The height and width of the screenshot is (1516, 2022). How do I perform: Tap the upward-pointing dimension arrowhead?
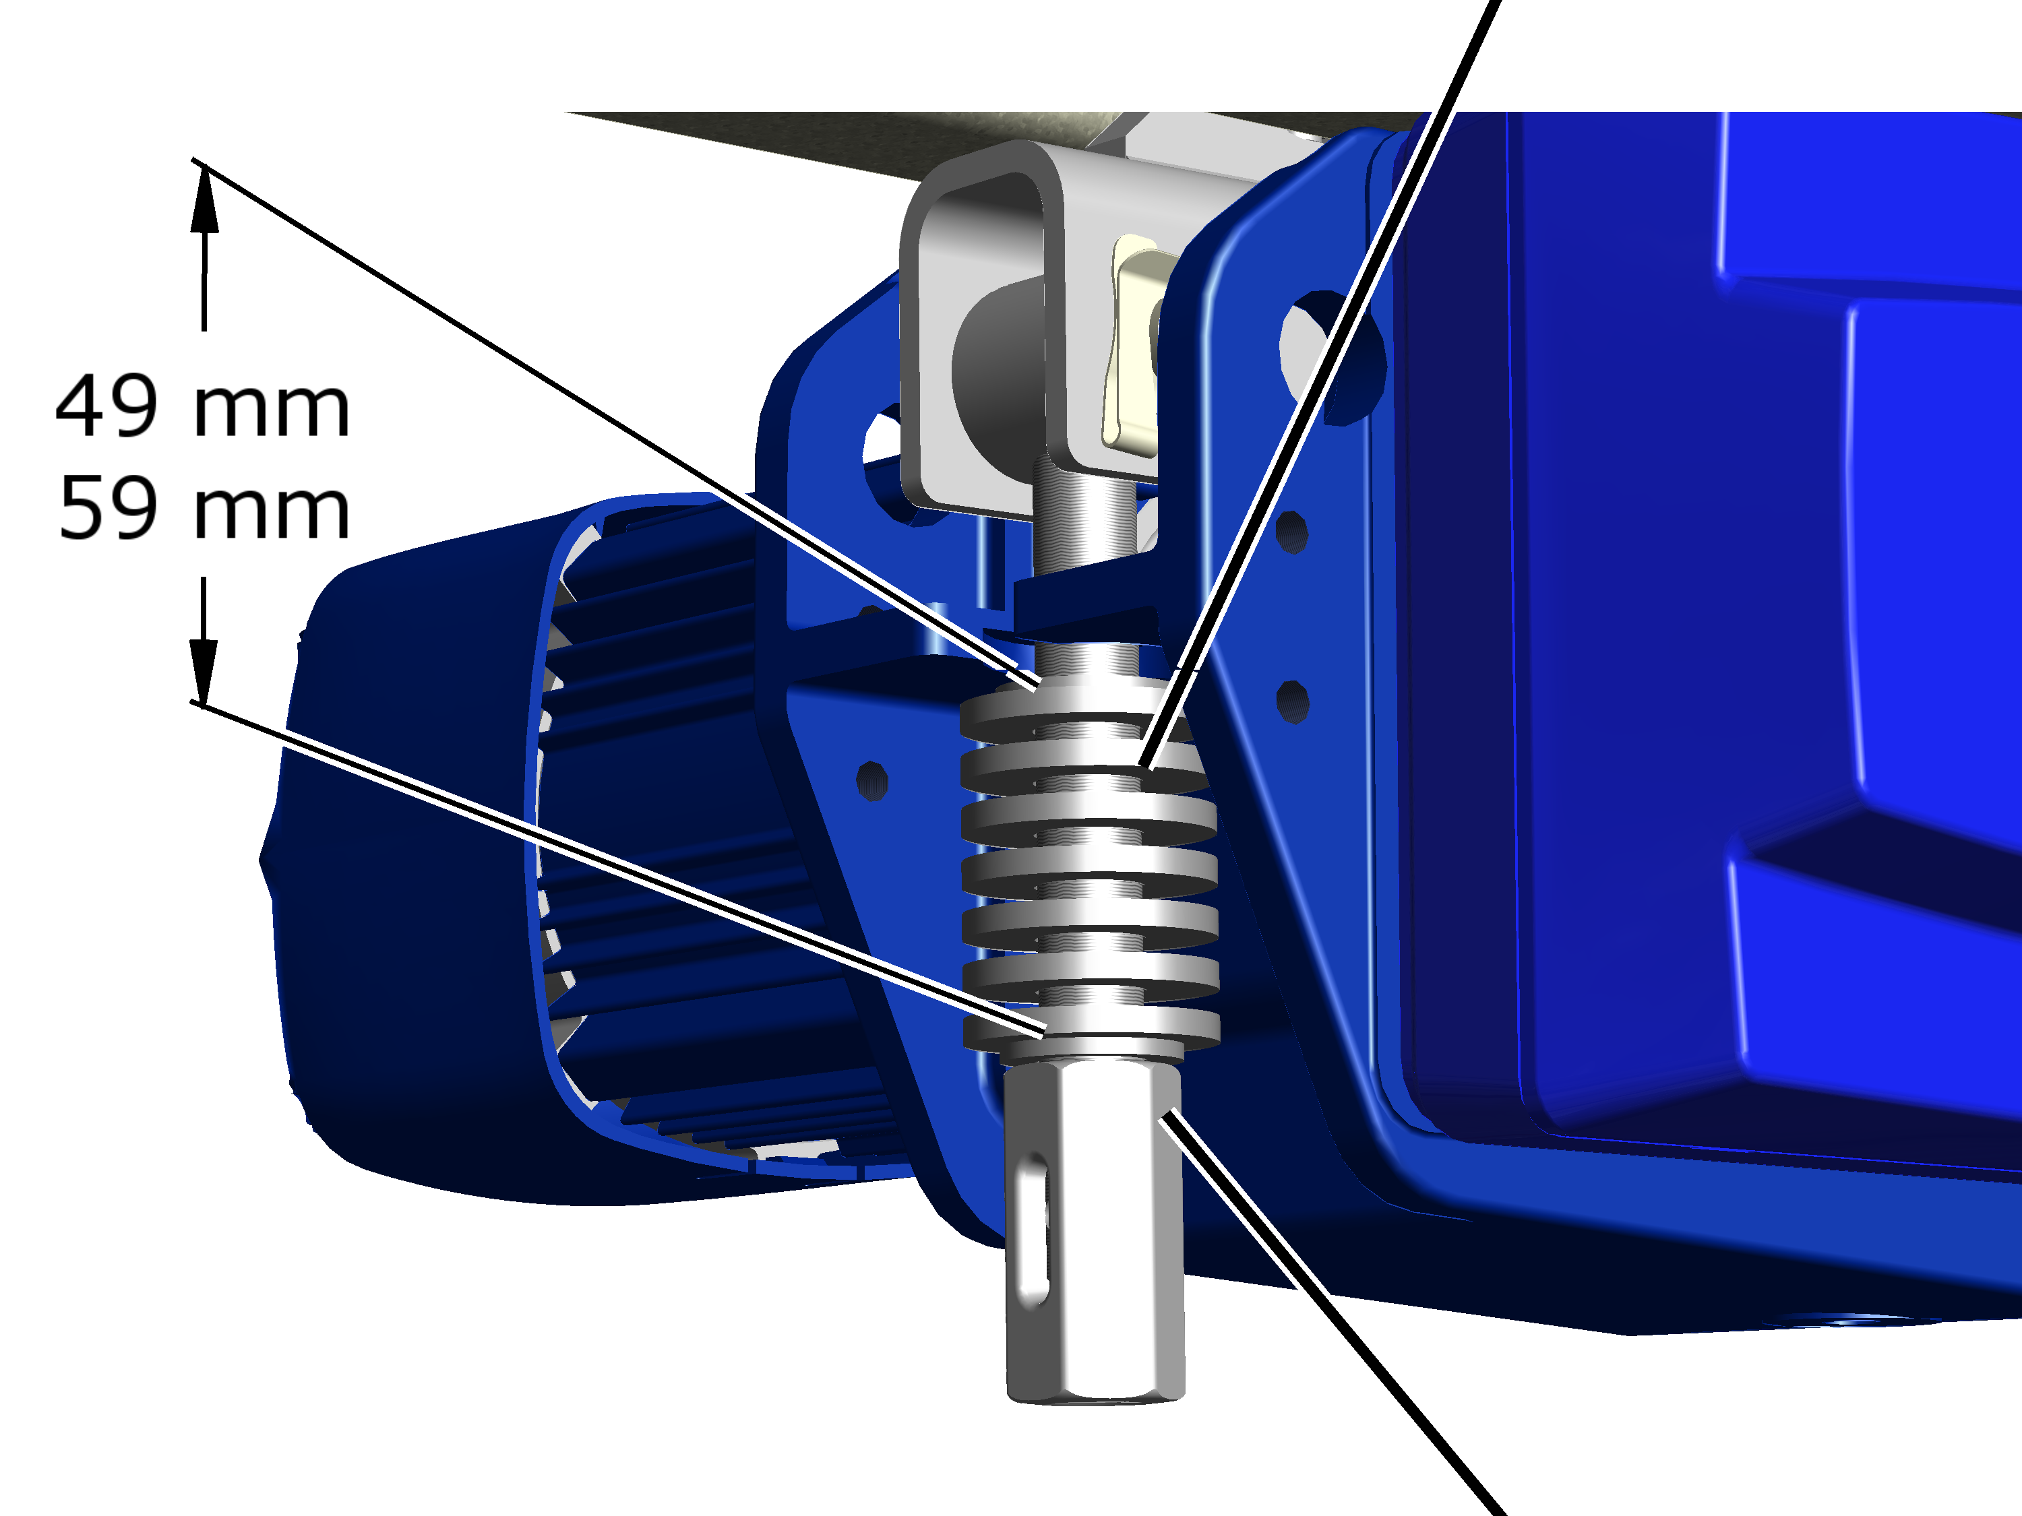[x=204, y=199]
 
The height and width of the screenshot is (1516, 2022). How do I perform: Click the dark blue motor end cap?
[x=402, y=877]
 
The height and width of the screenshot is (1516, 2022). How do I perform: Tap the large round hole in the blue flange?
[x=1330, y=357]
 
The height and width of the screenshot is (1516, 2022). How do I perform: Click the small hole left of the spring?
[x=872, y=780]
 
